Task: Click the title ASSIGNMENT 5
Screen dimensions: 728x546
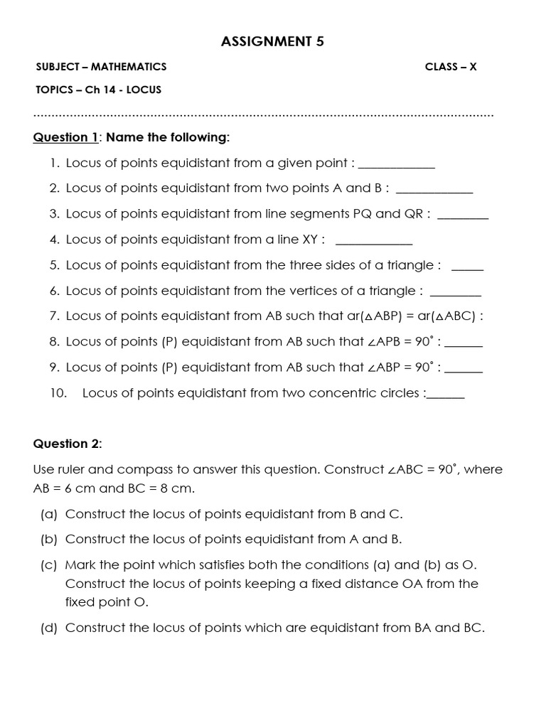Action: (x=273, y=42)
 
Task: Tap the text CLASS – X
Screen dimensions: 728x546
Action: (x=451, y=67)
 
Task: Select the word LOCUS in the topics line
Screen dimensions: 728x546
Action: (x=145, y=90)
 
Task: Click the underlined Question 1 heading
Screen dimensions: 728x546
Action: (x=65, y=137)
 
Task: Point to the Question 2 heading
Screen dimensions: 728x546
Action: (x=68, y=444)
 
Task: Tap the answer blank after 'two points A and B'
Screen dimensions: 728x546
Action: (x=434, y=191)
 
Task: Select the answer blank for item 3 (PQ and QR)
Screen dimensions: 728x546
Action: (x=463, y=216)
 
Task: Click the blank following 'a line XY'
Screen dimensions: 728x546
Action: (x=373, y=242)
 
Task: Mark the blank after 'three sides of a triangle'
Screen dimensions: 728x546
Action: (x=467, y=267)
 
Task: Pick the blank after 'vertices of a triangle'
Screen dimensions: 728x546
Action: (x=456, y=293)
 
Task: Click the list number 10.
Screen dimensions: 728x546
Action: (x=58, y=392)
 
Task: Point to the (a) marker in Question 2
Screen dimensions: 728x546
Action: (x=49, y=513)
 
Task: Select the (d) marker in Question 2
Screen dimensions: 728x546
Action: (x=49, y=628)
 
